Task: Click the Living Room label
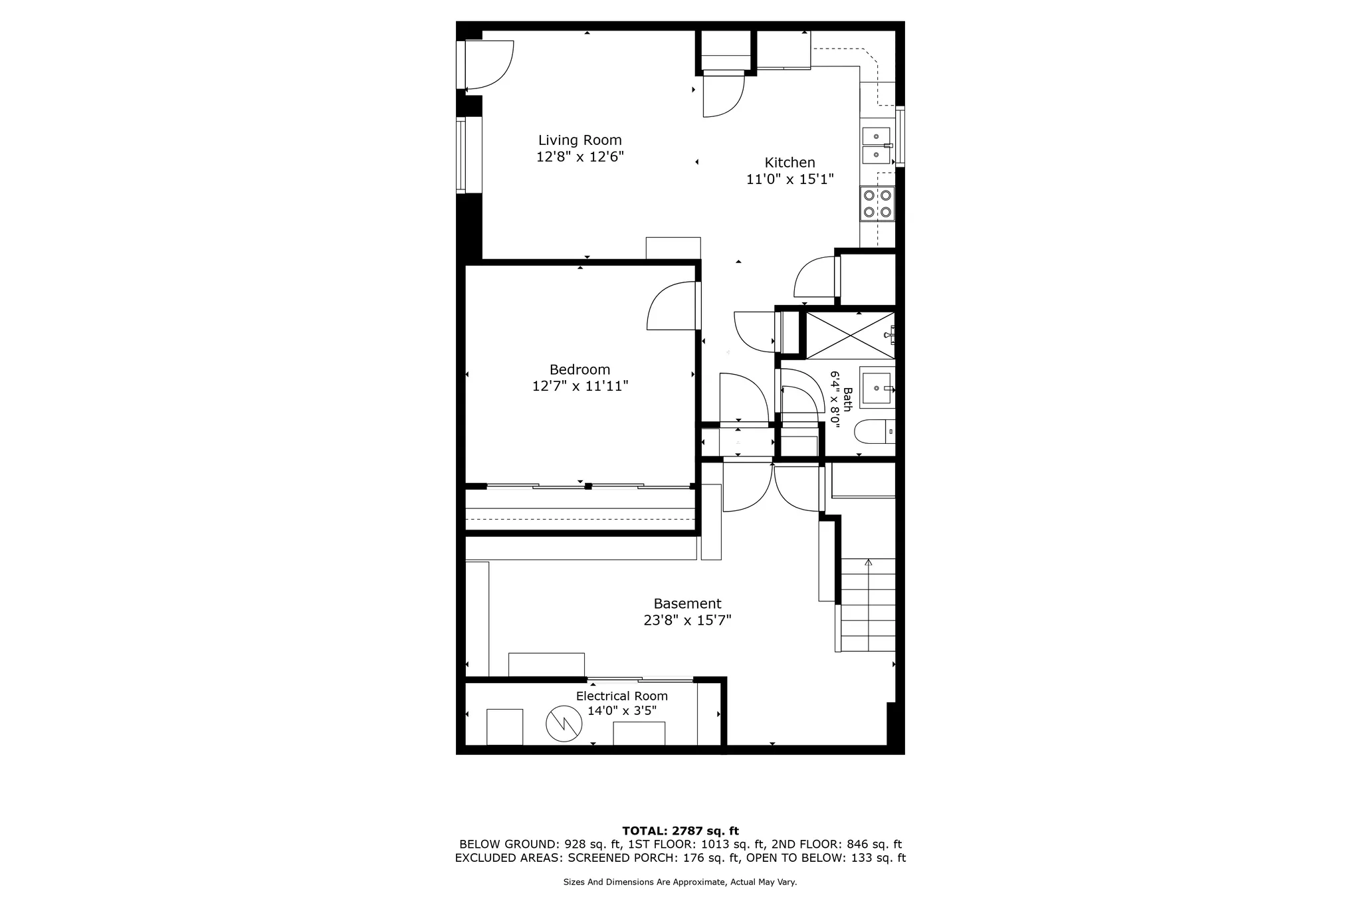click(579, 140)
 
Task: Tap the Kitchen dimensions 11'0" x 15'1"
click(789, 179)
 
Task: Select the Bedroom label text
click(579, 369)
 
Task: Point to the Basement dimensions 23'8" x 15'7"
click(687, 621)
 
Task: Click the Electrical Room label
click(621, 696)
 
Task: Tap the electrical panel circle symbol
click(564, 724)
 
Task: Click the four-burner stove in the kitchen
click(877, 204)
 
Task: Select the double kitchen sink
click(877, 146)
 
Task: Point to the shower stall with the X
click(849, 336)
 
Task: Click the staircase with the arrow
click(868, 605)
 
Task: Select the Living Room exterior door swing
click(488, 65)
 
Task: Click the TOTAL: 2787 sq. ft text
click(680, 831)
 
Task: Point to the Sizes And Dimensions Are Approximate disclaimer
click(680, 882)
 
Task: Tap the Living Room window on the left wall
click(460, 155)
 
